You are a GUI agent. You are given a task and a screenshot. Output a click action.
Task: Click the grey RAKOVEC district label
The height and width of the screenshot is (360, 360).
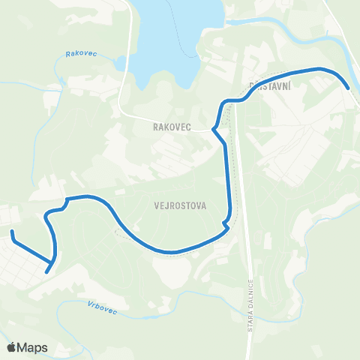(169, 127)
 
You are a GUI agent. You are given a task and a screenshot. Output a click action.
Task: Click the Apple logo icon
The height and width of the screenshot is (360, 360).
(11, 347)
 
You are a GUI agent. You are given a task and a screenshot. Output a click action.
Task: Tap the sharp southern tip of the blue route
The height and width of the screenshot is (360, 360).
(47, 271)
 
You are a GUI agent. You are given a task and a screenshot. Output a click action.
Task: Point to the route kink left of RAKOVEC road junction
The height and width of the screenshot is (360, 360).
(214, 129)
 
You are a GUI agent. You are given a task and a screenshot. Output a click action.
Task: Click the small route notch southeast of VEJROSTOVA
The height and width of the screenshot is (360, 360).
(226, 222)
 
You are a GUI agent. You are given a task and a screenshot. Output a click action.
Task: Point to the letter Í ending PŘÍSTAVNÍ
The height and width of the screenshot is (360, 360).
(289, 86)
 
